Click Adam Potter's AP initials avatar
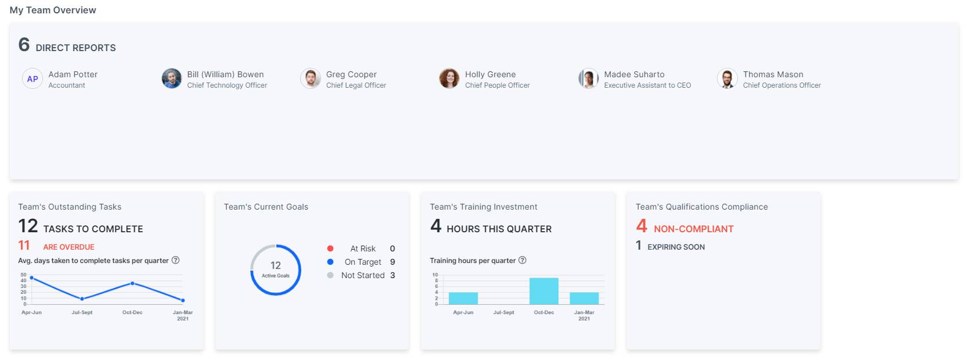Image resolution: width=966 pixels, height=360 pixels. point(33,78)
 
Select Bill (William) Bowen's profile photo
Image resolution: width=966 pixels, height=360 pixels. point(171,78)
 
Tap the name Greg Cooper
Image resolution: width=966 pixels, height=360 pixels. point(351,74)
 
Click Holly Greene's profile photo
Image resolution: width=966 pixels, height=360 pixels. point(449,78)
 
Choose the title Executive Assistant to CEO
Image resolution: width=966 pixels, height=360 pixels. point(647,85)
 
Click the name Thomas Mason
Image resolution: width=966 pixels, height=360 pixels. point(773,74)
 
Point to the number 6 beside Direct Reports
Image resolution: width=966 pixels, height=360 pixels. point(24,45)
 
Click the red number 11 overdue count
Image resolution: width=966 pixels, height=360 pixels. point(24,246)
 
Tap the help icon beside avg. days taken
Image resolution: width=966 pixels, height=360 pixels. point(175,260)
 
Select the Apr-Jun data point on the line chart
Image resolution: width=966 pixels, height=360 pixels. point(31,278)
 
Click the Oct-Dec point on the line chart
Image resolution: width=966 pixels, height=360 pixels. point(132,283)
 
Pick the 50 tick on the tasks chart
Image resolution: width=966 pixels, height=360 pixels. point(24,275)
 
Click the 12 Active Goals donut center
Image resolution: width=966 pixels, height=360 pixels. point(276,269)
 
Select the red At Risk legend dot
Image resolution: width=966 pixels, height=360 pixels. point(330,249)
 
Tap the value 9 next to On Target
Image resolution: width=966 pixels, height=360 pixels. point(392,262)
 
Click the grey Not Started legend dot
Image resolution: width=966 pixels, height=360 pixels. point(330,275)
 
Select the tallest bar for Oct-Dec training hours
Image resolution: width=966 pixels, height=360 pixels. point(543,291)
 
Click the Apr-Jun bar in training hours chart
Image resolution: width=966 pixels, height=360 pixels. point(463,298)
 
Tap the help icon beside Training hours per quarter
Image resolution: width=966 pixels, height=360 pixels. point(522,260)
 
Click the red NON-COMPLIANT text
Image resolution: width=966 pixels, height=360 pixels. point(693,229)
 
